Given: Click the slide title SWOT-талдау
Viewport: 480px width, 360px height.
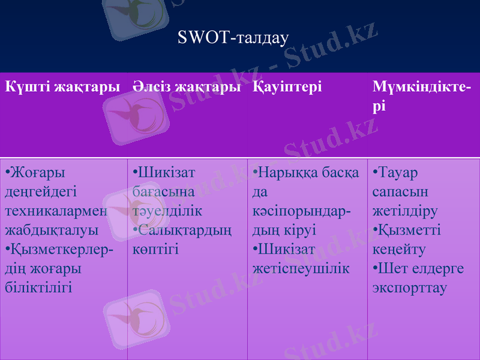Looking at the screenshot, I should pos(233,38).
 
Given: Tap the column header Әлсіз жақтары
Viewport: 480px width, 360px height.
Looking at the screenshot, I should pos(187,86).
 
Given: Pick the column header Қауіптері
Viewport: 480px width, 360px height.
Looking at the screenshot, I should pos(287,86).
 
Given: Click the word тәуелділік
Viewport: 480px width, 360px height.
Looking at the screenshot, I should pos(167,211).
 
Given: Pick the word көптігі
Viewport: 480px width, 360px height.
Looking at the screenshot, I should pos(155,250).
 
